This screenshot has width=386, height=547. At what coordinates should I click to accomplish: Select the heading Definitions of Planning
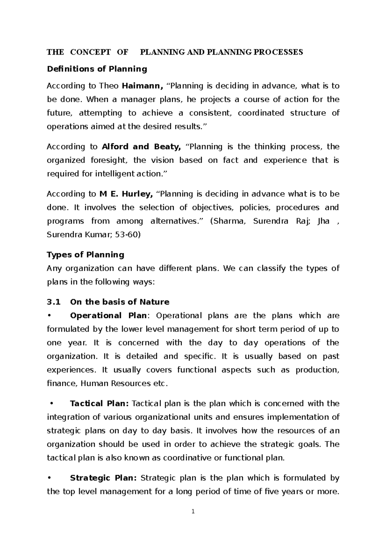coord(97,69)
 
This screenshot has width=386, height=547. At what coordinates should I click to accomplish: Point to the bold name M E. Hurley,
coord(126,194)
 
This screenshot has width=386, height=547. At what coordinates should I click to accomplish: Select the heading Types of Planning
coord(85,255)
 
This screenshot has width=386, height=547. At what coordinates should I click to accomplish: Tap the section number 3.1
coord(54,302)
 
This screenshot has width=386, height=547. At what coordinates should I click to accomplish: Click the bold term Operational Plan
coord(108,316)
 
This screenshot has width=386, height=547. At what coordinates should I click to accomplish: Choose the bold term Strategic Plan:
coord(103,478)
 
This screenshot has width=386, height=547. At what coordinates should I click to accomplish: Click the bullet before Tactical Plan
coord(52,404)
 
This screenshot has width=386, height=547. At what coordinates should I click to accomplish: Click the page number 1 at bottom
coord(193,511)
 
